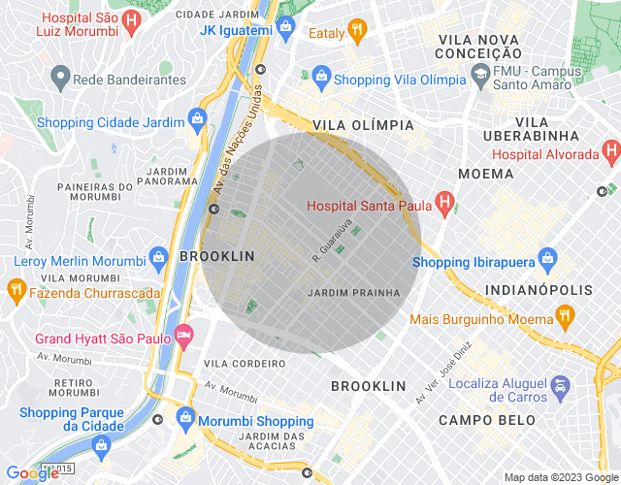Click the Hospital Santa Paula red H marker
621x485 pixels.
tap(444, 205)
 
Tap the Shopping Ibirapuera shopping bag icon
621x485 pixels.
tap(547, 259)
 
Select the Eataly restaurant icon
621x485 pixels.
tap(357, 30)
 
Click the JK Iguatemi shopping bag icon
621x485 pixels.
tap(285, 27)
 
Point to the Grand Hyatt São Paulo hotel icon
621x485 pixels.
tap(183, 337)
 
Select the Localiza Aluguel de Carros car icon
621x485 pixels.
tap(560, 388)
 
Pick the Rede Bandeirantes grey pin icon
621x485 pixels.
tap(59, 77)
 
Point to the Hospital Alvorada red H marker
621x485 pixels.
tap(610, 151)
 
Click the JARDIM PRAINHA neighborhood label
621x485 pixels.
tap(353, 292)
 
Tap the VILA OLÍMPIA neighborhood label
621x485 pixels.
tap(363, 126)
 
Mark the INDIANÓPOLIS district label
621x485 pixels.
tap(539, 290)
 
